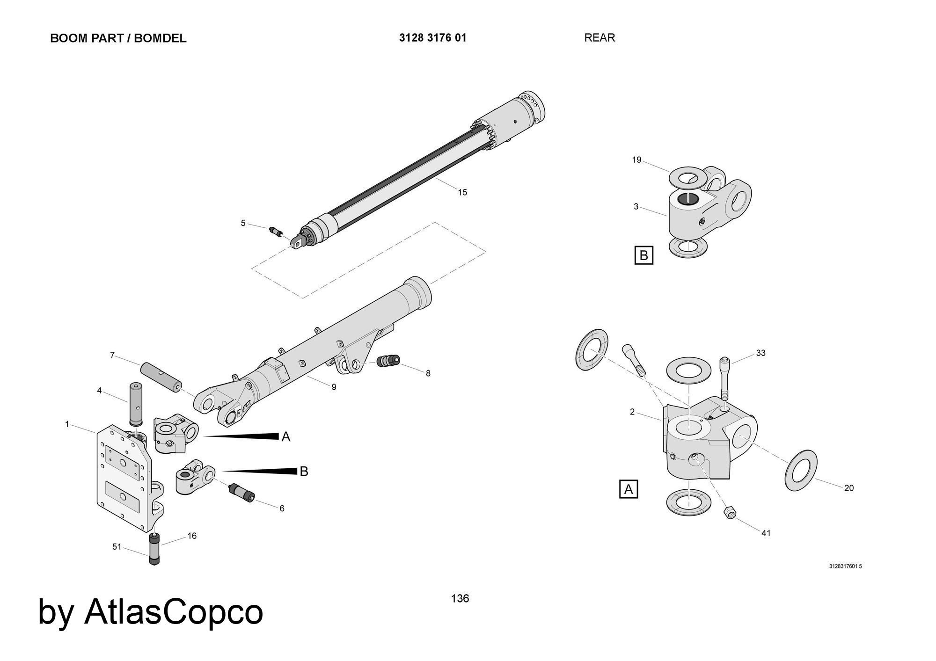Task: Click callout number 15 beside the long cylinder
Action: pyautogui.click(x=462, y=192)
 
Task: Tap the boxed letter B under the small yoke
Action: pyautogui.click(x=643, y=255)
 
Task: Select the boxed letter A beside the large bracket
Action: pyautogui.click(x=629, y=489)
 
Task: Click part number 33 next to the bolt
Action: pyautogui.click(x=760, y=353)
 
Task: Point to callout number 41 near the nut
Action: pyautogui.click(x=766, y=533)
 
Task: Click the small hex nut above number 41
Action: pyautogui.click(x=729, y=512)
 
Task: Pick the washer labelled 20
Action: pyautogui.click(x=801, y=470)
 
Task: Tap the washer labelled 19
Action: pyautogui.click(x=688, y=177)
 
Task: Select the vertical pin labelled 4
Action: pyautogui.click(x=135, y=403)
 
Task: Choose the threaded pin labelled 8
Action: pyautogui.click(x=388, y=361)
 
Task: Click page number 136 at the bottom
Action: pyautogui.click(x=460, y=598)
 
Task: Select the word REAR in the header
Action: pyautogui.click(x=599, y=38)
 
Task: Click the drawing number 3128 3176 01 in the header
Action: pyautogui.click(x=432, y=38)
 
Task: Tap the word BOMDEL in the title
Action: pyautogui.click(x=160, y=38)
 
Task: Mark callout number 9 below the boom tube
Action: pyautogui.click(x=334, y=387)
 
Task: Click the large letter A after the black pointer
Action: pyautogui.click(x=286, y=437)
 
